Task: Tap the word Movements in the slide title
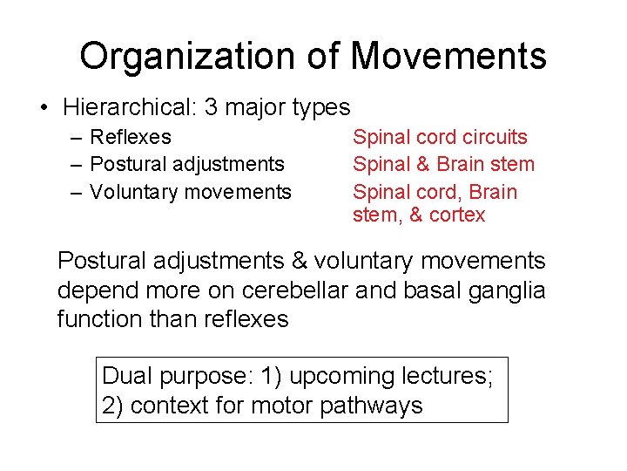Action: (448, 57)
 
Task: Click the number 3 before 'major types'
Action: (210, 108)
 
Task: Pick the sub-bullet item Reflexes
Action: (131, 137)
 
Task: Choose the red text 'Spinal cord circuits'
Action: (440, 137)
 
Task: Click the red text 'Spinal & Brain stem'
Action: (443, 164)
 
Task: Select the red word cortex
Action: (456, 215)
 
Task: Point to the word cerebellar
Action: (295, 290)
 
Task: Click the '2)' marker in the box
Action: (114, 406)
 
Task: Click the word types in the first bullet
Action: (319, 108)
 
